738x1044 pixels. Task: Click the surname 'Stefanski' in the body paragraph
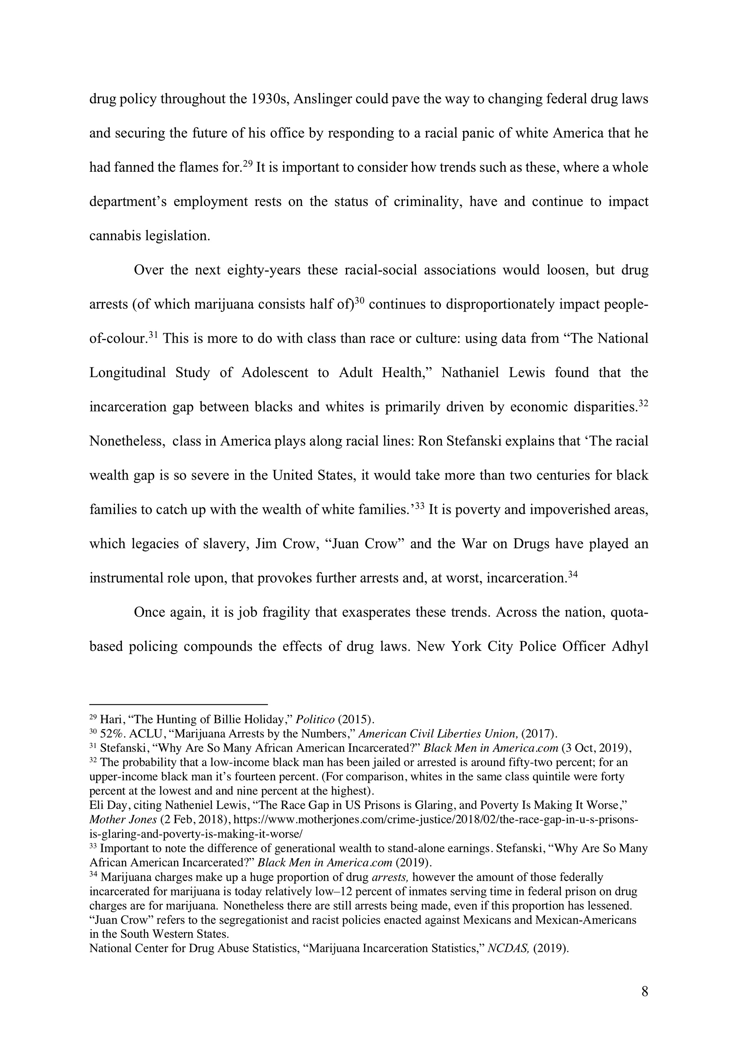coord(490,441)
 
